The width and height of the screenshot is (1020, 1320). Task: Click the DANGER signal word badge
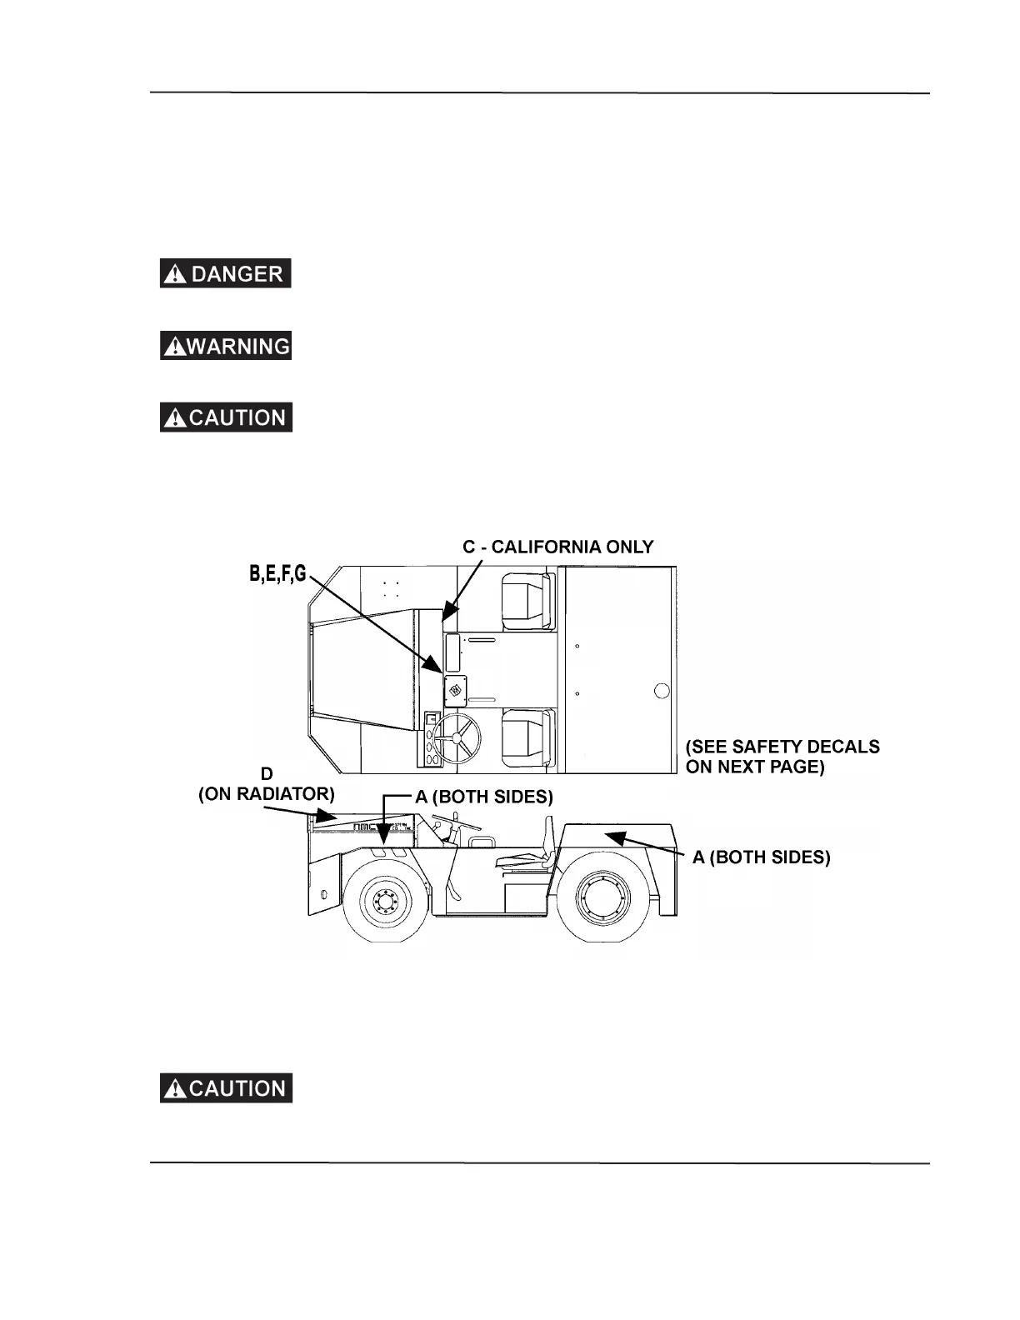[225, 273]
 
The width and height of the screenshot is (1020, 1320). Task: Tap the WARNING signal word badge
[225, 345]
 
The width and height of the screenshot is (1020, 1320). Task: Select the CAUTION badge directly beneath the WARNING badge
[225, 417]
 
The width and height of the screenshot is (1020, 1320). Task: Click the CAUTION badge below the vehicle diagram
[225, 1088]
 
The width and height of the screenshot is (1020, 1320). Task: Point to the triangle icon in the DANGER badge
[175, 274]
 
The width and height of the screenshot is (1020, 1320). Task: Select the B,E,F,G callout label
[277, 573]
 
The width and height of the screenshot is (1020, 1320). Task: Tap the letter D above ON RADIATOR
[267, 774]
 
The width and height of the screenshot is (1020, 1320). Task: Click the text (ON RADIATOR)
[266, 794]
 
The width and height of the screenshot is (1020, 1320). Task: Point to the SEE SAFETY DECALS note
[782, 757]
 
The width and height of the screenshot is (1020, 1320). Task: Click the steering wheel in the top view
[456, 737]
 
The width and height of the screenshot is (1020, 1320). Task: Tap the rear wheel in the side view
[601, 900]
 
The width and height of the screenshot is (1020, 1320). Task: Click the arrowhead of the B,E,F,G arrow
[436, 667]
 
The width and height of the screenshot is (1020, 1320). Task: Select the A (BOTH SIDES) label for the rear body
[761, 857]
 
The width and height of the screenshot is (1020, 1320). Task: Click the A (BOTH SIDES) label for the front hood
[484, 797]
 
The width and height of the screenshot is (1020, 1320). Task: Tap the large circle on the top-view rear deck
[662, 691]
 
